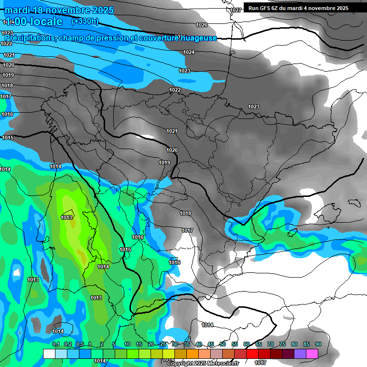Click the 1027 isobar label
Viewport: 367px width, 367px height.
(235, 10)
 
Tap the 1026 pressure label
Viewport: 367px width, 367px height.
(202, 25)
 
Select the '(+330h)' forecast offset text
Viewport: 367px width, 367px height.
(85, 22)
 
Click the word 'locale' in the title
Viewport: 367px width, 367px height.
(45, 22)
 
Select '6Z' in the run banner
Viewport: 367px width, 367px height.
(278, 8)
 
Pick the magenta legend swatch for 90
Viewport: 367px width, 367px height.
(312, 354)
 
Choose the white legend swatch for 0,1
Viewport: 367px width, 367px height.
(49, 354)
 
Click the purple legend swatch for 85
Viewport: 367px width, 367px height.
(300, 354)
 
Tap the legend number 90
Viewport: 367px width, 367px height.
(318, 344)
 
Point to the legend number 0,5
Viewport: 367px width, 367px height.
(80, 344)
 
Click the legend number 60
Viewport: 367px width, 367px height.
(247, 344)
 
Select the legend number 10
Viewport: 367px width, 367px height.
(127, 344)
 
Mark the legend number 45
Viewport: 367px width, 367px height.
(211, 344)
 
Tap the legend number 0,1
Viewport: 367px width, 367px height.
(56, 344)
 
